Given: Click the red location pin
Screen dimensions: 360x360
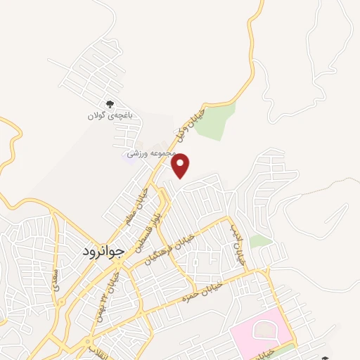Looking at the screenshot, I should point(181,165).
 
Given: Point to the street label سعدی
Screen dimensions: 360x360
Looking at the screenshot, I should point(54,278).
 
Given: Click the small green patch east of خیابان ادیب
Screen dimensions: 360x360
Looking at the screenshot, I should point(260,241).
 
